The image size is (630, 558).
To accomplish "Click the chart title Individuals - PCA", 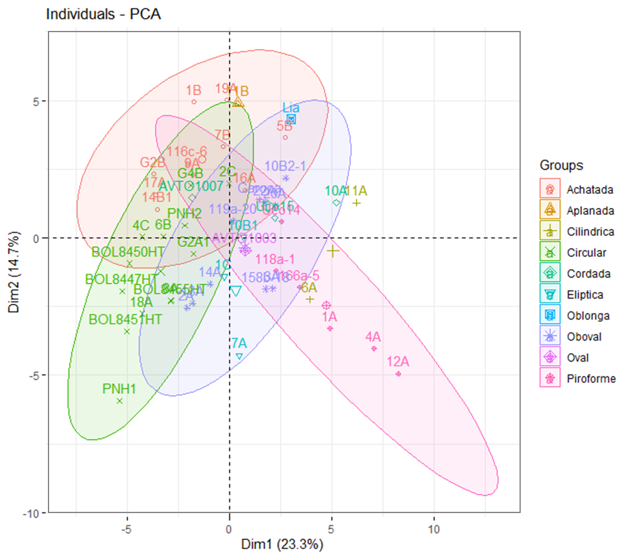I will [x=103, y=14].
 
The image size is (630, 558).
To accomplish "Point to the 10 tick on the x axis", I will [x=434, y=528].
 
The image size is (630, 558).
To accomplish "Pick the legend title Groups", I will [x=562, y=165].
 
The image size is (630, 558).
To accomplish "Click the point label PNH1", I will [x=119, y=389].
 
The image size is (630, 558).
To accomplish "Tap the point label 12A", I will [x=398, y=362].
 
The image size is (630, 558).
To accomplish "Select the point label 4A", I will [x=373, y=337].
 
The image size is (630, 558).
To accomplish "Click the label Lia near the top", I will [x=291, y=108].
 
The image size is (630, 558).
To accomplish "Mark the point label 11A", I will [x=355, y=191].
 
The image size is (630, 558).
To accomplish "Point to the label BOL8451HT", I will [x=125, y=320].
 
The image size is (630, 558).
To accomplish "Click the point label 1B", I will [x=193, y=90].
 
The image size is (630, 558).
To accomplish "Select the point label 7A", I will [x=238, y=343].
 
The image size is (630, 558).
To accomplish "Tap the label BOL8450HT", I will [x=127, y=252].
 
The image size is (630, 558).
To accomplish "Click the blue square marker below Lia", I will [x=291, y=119].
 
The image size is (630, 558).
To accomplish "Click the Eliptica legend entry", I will [x=585, y=295].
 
